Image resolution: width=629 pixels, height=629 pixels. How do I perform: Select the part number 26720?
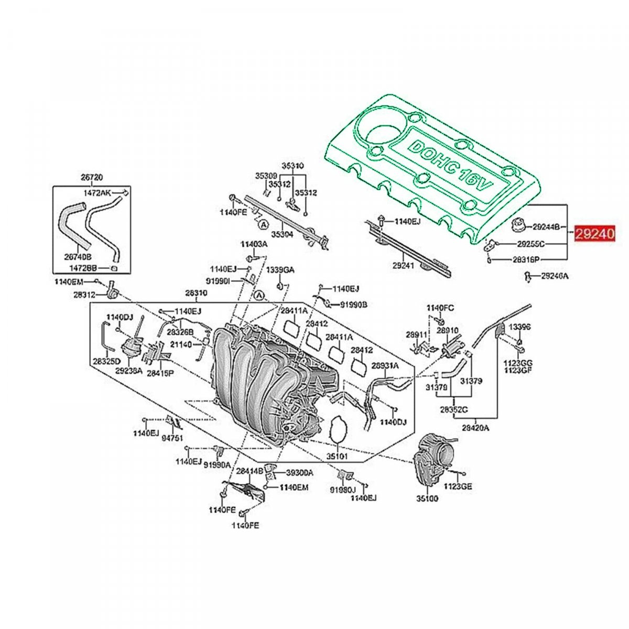point(92,177)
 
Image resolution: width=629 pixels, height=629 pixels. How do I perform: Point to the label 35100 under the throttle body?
point(427,498)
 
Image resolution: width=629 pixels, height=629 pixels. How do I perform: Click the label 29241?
point(403,266)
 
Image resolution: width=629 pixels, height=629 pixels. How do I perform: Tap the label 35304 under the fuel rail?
point(282,234)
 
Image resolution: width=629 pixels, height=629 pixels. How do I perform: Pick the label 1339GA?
point(280,270)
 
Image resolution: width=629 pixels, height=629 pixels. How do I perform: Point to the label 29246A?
point(555,275)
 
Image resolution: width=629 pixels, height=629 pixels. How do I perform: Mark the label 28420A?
point(475,427)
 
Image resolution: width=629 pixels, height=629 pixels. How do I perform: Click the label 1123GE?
point(458,486)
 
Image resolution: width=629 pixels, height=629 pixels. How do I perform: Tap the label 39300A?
point(299,472)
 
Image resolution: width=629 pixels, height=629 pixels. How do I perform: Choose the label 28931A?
point(385,365)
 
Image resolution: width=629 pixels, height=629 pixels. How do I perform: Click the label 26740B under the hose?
point(78,257)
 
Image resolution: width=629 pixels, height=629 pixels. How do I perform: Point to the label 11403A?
point(254,244)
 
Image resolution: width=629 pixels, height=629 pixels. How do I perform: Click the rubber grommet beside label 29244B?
point(518,225)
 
